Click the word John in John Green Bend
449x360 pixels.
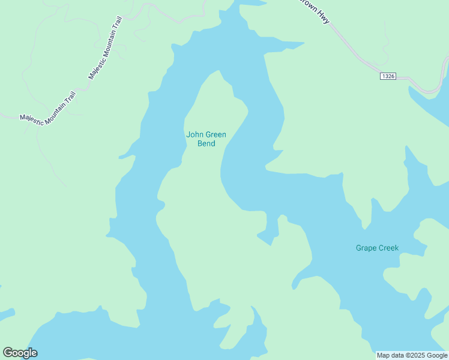coord(195,134)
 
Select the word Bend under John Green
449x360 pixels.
coord(206,143)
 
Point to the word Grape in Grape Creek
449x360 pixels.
coord(366,248)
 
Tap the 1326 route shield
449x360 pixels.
coord(388,76)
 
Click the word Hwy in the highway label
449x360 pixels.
coord(325,18)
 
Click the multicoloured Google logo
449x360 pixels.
coord(20,353)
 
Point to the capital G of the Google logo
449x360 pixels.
coord(8,352)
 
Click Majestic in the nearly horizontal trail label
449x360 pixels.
coord(32,119)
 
